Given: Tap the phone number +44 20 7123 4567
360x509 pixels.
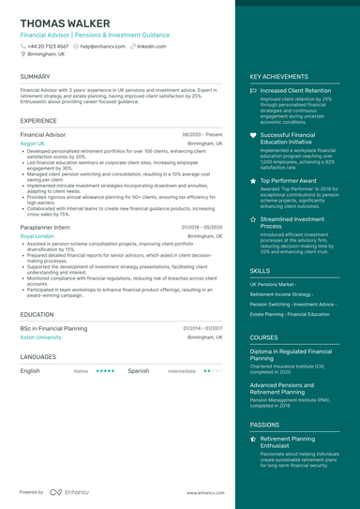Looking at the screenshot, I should (x=48, y=45).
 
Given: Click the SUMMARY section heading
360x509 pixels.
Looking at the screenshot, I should (x=36, y=76).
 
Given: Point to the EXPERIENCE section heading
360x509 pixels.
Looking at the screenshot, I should (x=38, y=121).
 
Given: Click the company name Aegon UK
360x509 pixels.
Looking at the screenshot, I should (x=33, y=143).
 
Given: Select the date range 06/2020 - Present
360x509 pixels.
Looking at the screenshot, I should (x=202, y=135).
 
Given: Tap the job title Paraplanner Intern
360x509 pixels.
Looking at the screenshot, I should (x=46, y=227).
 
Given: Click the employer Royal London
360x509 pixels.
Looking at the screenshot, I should (x=37, y=236).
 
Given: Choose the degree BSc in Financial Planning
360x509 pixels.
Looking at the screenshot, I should (x=53, y=328).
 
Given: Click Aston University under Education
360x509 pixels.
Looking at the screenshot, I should (x=40, y=337).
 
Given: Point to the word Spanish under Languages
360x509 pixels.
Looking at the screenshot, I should (x=138, y=370).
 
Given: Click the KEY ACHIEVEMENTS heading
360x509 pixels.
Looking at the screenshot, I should (x=279, y=76).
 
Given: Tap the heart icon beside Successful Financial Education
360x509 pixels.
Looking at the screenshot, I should (x=253, y=135).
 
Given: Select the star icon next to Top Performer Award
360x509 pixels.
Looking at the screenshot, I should (x=253, y=179).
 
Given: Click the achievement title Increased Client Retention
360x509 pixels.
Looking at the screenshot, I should (x=295, y=91).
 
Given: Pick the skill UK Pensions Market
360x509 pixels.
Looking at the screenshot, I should (x=272, y=283).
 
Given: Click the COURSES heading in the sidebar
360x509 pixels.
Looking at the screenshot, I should (x=263, y=337).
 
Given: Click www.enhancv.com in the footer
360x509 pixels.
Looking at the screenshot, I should (x=204, y=492).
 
